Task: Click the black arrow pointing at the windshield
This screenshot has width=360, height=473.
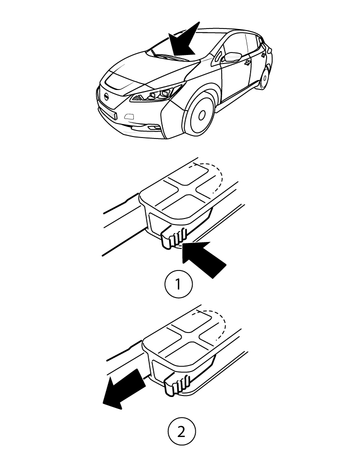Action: [183, 41]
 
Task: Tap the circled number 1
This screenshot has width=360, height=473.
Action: [179, 284]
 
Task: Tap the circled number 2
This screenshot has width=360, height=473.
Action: [182, 432]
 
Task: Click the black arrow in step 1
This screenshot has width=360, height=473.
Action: [203, 259]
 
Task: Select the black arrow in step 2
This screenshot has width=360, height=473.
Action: [123, 389]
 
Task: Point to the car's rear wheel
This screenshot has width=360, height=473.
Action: [264, 78]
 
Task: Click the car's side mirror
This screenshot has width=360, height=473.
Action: [232, 57]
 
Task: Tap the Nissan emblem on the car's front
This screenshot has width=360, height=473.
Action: [106, 97]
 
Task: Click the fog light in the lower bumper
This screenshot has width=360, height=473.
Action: [153, 128]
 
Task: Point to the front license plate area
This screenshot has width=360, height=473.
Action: [108, 114]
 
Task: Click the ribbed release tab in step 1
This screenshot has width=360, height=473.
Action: [173, 237]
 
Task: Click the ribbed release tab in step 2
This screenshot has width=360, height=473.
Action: [177, 385]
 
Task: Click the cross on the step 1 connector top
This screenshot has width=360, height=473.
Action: [188, 188]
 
